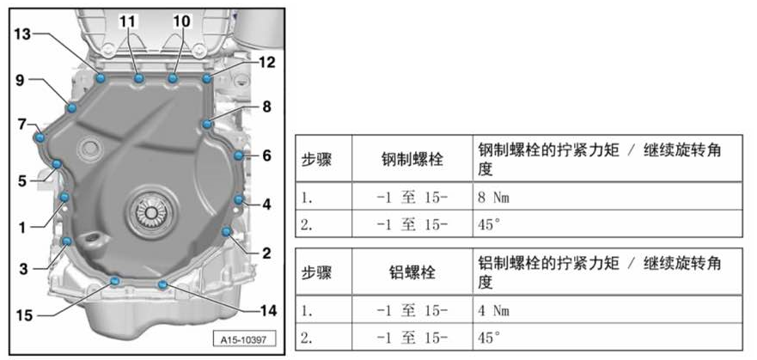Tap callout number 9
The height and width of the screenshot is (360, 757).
coord(19,80)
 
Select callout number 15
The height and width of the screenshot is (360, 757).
coord(24,315)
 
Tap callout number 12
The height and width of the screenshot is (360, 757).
coord(266,62)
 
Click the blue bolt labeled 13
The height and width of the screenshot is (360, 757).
coord(101,78)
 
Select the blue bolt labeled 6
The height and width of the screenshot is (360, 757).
coord(238,156)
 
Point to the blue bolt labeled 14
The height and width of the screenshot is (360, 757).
coord(162,284)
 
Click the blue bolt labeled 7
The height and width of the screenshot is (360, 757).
coord(38,137)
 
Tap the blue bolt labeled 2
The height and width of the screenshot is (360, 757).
coord(226,232)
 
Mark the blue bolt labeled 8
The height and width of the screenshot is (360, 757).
coord(207,125)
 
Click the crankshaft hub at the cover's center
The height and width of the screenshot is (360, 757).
coord(150,211)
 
